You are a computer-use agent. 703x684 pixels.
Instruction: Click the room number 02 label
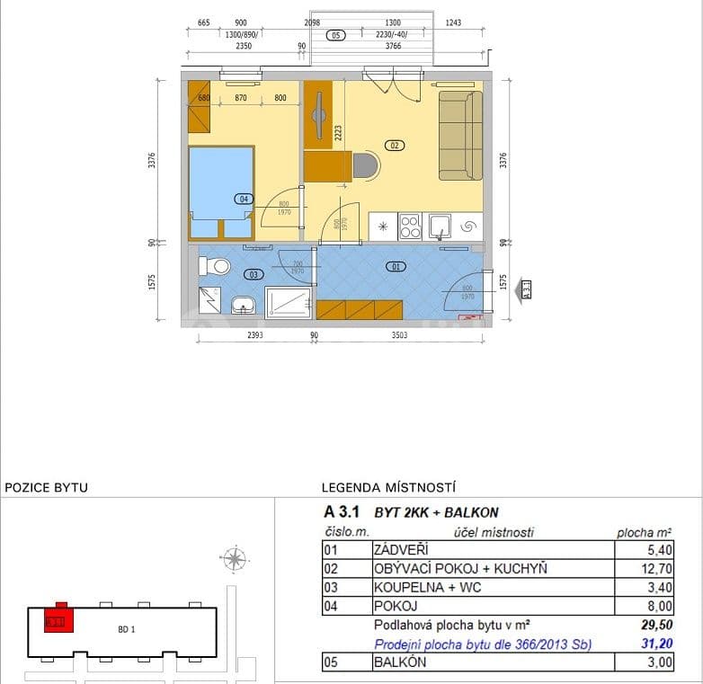(394, 144)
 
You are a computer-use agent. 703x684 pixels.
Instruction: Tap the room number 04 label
(243, 199)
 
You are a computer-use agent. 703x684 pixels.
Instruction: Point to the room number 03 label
(254, 274)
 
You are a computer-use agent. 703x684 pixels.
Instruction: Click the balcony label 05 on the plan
(336, 36)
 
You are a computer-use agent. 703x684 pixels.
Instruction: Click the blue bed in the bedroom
(220, 191)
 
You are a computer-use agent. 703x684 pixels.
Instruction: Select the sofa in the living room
(460, 135)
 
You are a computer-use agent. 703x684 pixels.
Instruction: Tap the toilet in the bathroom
(215, 266)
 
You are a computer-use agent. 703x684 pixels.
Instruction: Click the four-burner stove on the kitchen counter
(410, 226)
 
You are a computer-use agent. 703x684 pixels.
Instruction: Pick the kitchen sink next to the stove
(440, 226)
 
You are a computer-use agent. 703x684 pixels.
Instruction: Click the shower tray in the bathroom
(289, 302)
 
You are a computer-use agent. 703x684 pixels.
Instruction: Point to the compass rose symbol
(235, 560)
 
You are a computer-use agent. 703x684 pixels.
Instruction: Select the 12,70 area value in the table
(655, 569)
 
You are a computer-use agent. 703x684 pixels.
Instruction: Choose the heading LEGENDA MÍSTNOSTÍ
(389, 488)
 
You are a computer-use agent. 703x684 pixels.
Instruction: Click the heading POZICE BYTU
(47, 488)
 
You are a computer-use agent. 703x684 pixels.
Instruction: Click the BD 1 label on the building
(127, 629)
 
